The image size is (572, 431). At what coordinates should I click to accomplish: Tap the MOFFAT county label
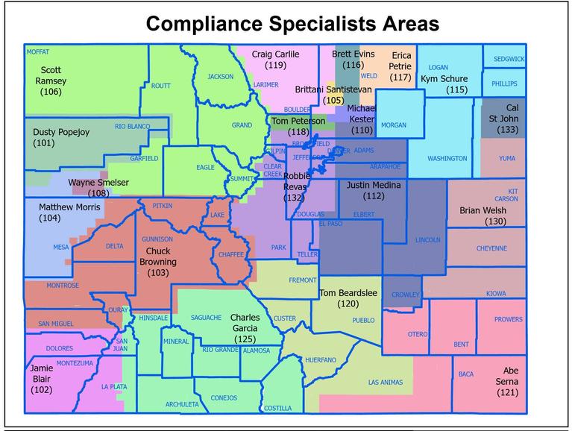37,52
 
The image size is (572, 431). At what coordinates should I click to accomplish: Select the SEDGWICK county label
509,59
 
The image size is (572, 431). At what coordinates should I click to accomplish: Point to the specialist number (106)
51,92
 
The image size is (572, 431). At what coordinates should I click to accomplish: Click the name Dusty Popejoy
61,132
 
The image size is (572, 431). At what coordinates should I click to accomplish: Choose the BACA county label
466,374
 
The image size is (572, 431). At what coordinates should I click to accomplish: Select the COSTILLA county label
278,408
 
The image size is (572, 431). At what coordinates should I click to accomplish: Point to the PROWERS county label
509,320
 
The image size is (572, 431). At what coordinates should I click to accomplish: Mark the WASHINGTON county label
447,159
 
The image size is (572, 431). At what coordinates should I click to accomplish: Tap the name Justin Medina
374,185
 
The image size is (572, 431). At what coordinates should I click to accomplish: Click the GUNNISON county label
157,239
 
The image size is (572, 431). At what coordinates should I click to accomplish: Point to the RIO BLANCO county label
133,127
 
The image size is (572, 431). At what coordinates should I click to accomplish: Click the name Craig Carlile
275,54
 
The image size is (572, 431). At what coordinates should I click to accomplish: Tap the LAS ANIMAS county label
386,383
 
